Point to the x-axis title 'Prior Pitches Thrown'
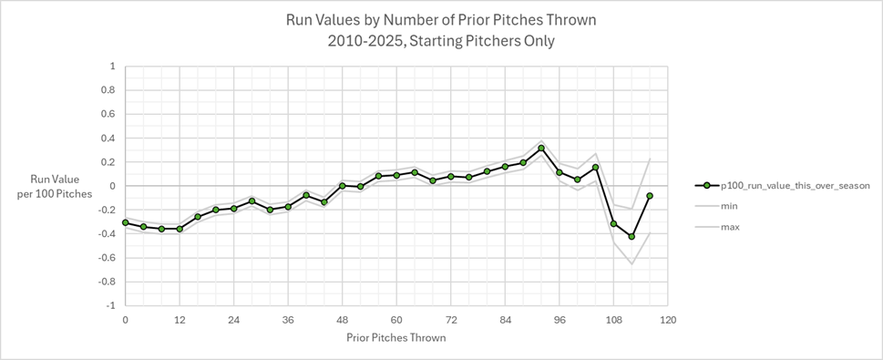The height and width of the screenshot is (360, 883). [395, 337]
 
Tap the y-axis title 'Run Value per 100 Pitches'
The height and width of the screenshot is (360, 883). [63, 185]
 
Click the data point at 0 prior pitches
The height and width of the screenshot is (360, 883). [125, 222]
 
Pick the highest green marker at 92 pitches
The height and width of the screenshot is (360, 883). [541, 148]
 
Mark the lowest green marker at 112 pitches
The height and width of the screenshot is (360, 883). [631, 237]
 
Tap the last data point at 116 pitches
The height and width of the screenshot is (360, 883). [650, 196]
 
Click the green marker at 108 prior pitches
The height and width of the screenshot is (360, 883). [613, 223]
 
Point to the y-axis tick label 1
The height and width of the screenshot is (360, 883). [111, 67]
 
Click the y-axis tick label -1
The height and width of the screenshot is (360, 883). [109, 305]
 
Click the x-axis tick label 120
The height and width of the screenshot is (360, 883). [668, 320]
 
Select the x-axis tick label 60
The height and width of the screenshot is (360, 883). [396, 320]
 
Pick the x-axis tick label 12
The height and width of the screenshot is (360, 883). [180, 320]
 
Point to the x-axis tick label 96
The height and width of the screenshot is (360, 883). [560, 320]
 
